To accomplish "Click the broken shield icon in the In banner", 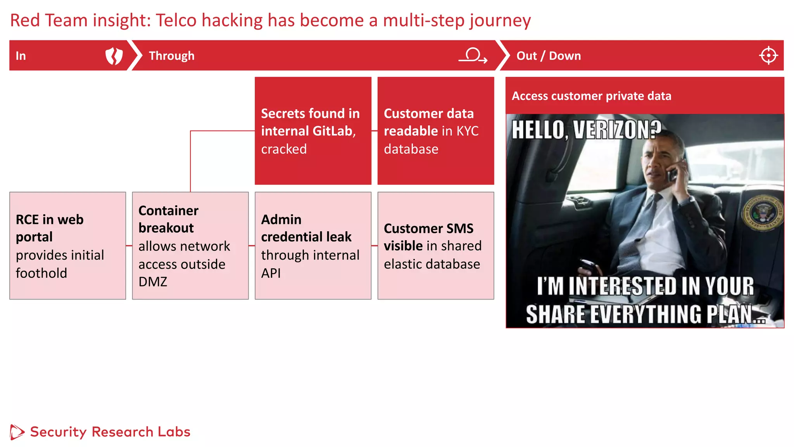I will pyautogui.click(x=114, y=56).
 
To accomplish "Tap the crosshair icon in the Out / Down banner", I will pyautogui.click(x=768, y=55).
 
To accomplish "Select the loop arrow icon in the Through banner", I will pyautogui.click(x=473, y=55).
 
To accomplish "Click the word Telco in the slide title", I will pyautogui.click(x=176, y=21).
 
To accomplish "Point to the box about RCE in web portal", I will pyautogui.click(x=68, y=246).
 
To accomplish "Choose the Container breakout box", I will pyautogui.click(x=190, y=246).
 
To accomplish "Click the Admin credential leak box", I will pyautogui.click(x=313, y=246).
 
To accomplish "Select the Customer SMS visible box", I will pyautogui.click(x=435, y=246).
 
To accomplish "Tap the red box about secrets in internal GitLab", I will pyautogui.click(x=313, y=131).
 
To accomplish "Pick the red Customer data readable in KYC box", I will pyautogui.click(x=435, y=131).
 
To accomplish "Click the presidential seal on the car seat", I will pyautogui.click(x=762, y=213).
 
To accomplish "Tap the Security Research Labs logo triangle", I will pyautogui.click(x=17, y=432).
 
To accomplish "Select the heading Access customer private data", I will pyautogui.click(x=591, y=96).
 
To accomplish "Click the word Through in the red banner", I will pyautogui.click(x=171, y=56).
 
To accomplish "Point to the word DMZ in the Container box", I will pyautogui.click(x=153, y=282).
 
